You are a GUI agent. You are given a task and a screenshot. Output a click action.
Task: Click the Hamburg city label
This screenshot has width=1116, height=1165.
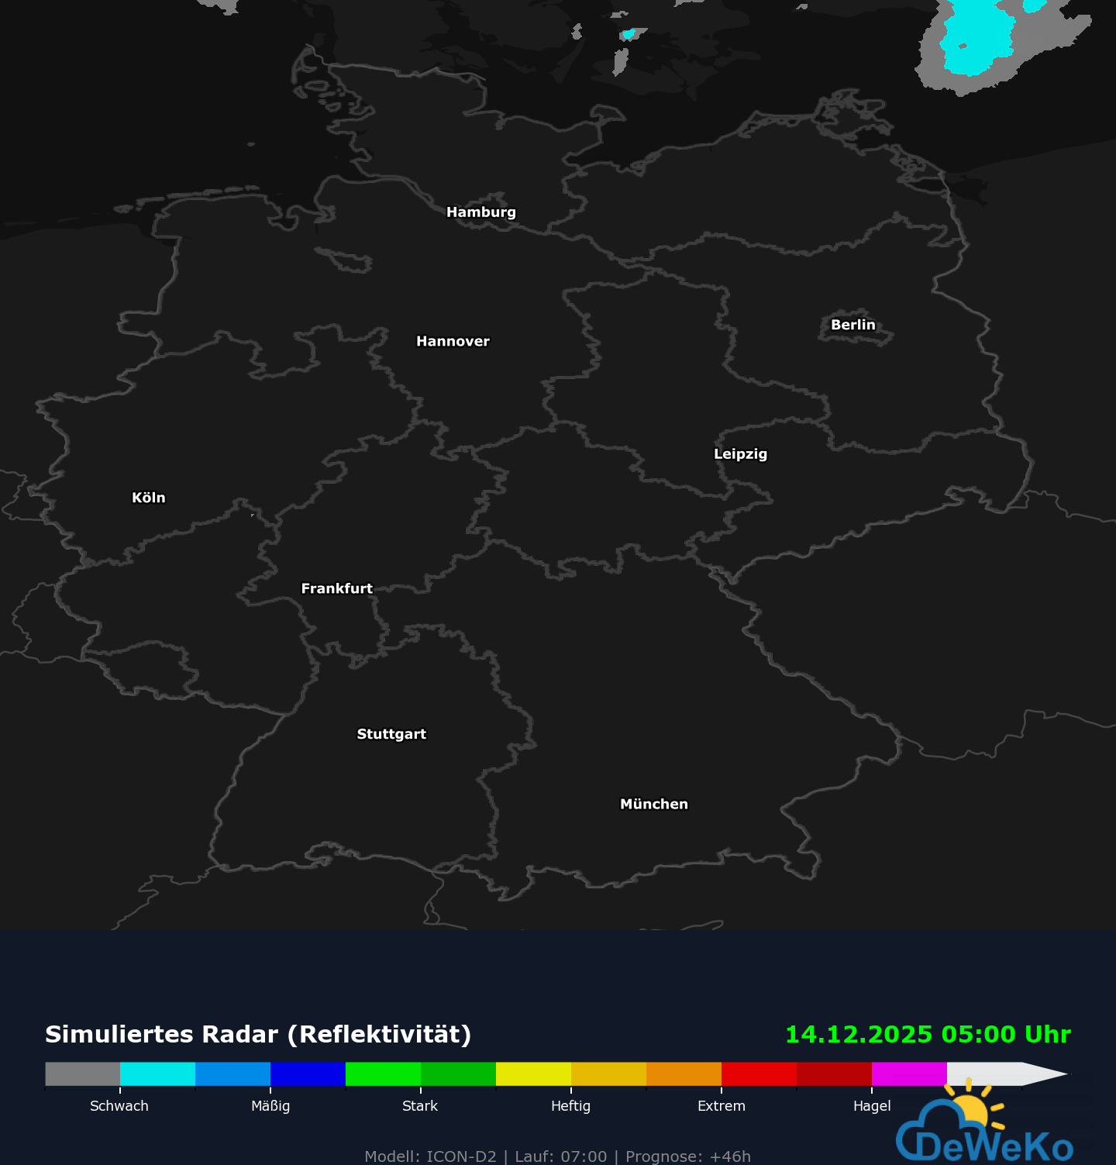[480, 212]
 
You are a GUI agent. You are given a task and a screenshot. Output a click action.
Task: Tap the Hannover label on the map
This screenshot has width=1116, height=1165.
[453, 342]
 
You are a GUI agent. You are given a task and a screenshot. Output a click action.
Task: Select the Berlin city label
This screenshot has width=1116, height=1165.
[852, 326]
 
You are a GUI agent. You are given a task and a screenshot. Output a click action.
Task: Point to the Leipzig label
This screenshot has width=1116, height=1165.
[740, 454]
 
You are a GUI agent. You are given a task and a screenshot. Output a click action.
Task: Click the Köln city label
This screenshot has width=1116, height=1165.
[149, 498]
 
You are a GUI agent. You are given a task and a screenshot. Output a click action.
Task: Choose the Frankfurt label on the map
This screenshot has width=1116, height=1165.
[336, 589]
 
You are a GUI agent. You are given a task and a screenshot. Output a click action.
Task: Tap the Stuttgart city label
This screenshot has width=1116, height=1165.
[391, 735]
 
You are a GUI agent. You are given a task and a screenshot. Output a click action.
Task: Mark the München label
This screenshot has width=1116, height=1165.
[653, 805]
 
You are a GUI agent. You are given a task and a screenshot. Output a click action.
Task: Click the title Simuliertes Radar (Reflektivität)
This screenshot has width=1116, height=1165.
[258, 1035]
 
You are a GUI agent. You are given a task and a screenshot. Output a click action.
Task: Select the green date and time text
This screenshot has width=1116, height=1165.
[928, 1035]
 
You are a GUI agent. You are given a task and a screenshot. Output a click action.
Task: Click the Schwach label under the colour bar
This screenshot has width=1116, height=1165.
[119, 1106]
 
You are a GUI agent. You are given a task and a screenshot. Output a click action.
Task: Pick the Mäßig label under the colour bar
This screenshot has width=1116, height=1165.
[270, 1106]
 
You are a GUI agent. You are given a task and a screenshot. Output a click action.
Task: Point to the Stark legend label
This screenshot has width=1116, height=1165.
[420, 1106]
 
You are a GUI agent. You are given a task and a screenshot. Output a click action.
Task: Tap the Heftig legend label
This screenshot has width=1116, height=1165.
[570, 1106]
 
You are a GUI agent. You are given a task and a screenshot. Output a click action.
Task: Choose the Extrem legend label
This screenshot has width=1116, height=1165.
[721, 1106]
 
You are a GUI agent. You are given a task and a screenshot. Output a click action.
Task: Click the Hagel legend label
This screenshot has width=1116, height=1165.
[872, 1106]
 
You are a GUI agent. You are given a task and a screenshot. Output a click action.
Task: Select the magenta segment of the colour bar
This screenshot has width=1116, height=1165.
[909, 1074]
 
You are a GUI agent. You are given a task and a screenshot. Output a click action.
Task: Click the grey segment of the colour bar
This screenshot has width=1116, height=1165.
[83, 1074]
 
